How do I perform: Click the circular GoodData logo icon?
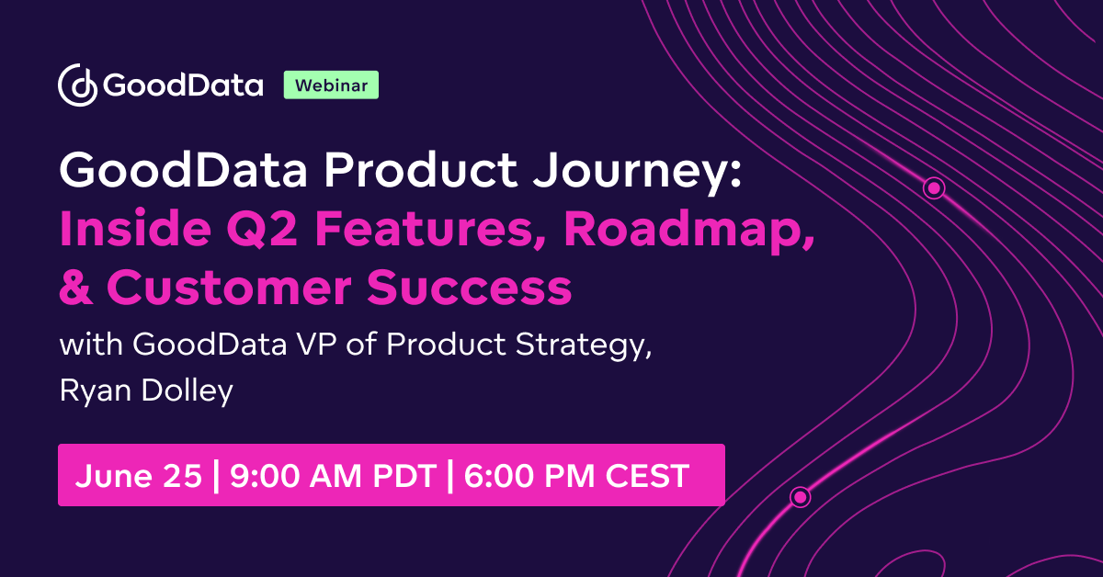point(78,85)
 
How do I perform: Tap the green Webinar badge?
point(331,85)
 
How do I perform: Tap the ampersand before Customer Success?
point(75,288)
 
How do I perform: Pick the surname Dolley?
point(190,390)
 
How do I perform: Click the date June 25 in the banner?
point(138,476)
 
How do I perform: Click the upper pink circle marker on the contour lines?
point(934,188)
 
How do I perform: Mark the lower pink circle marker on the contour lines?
point(800,497)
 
